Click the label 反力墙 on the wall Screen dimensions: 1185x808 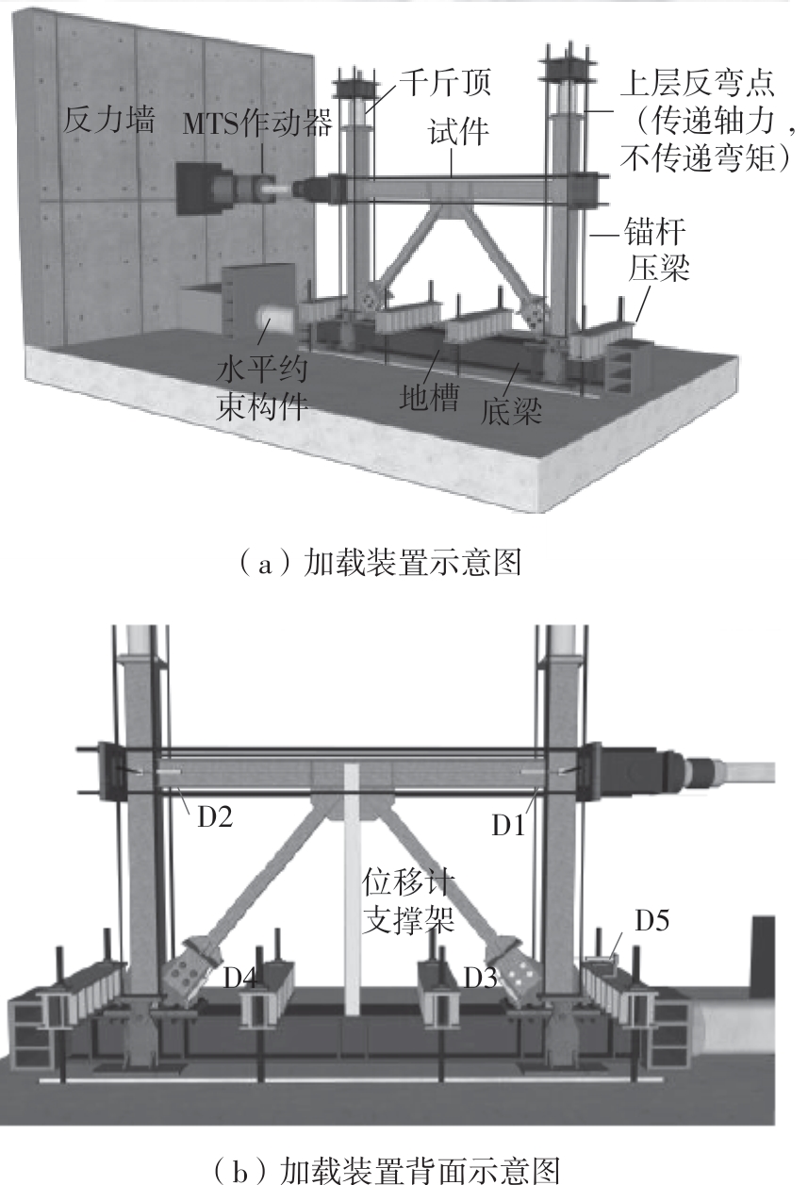pyautogui.click(x=111, y=120)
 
